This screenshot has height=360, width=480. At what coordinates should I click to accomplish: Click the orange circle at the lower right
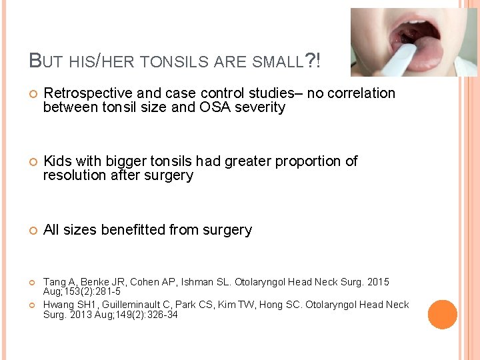click(x=442, y=315)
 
